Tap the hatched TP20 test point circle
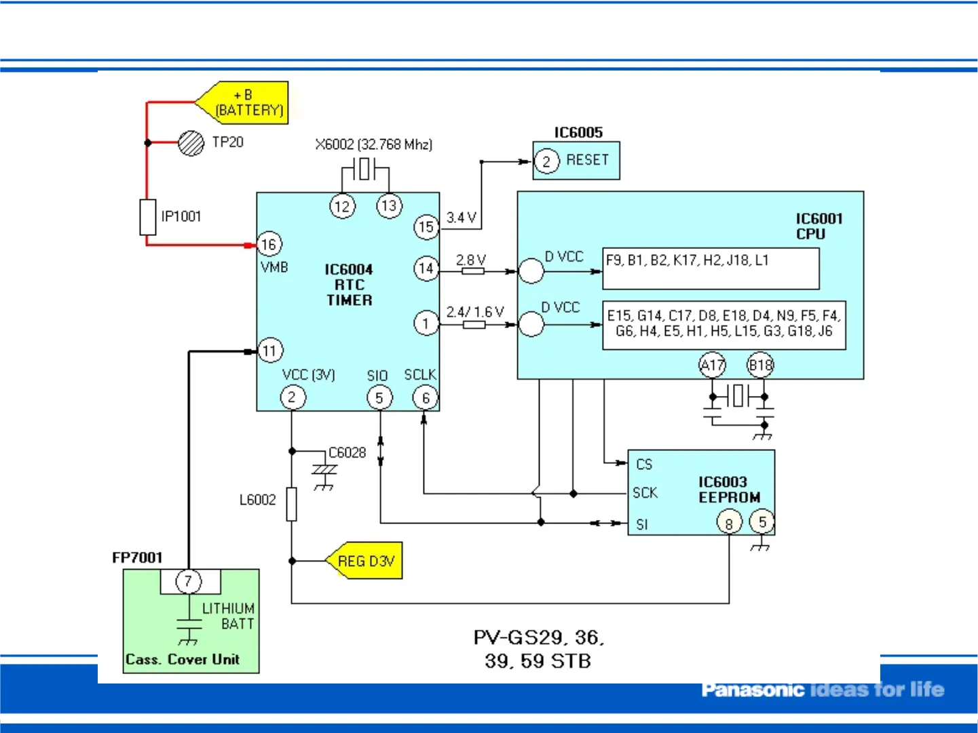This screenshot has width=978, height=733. [191, 143]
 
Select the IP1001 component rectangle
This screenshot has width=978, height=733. [147, 217]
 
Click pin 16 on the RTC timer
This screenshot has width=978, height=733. [269, 244]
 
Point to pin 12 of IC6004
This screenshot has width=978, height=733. [342, 206]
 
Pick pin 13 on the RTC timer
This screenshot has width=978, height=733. [389, 205]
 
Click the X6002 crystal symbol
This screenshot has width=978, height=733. [364, 169]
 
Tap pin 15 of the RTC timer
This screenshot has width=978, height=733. [426, 227]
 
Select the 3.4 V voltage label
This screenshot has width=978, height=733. [462, 218]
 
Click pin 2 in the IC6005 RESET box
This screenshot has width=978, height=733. [546, 161]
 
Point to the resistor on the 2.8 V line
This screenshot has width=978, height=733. [473, 271]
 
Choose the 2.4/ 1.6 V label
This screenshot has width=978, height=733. [475, 312]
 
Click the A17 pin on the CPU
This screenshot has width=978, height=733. [712, 365]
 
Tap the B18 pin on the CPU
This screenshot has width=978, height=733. [760, 365]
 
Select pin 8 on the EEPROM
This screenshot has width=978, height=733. [729, 523]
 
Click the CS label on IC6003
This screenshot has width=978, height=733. [644, 464]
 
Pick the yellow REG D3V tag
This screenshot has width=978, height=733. [366, 561]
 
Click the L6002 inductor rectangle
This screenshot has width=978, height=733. [291, 504]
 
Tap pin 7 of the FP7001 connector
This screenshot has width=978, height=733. [189, 581]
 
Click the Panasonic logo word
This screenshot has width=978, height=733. [752, 690]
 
